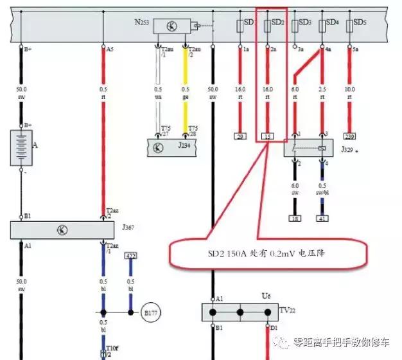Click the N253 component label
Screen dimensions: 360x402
coord(141,22)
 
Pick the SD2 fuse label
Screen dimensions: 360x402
coord(277,22)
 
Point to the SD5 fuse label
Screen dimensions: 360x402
coord(360,22)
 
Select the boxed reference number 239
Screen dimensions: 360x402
coord(349,137)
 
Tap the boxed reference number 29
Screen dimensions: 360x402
coord(240,137)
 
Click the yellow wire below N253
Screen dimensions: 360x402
coord(186,90)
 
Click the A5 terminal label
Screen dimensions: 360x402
coord(110,48)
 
